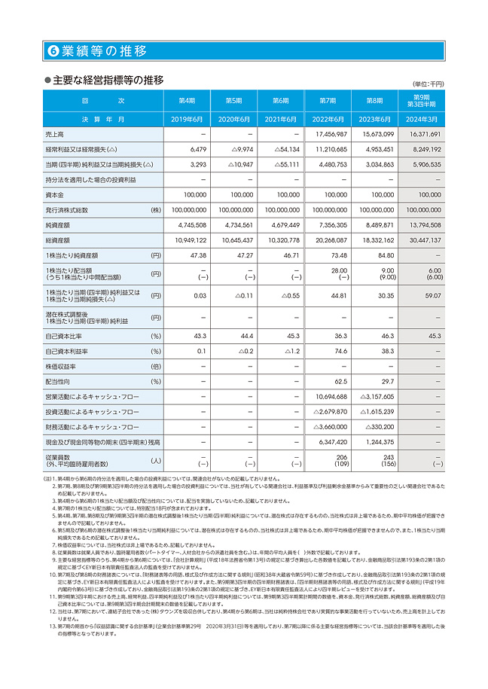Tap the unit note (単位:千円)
(x=428, y=84)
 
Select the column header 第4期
(x=187, y=100)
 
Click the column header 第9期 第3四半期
(x=421, y=100)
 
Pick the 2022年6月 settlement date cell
(x=327, y=119)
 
